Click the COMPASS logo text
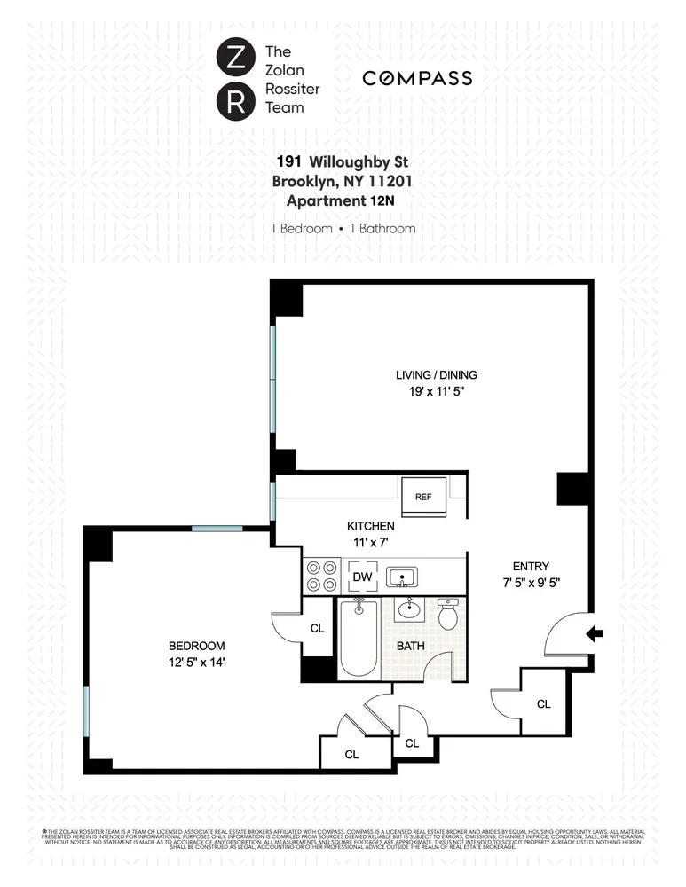pyautogui.click(x=417, y=79)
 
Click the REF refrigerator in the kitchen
pyautogui.click(x=423, y=496)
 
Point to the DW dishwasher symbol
pyautogui.click(x=362, y=577)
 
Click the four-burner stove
pyautogui.click(x=321, y=577)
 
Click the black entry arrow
pyautogui.click(x=595, y=633)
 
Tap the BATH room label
pyautogui.click(x=410, y=646)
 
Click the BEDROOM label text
pyautogui.click(x=198, y=646)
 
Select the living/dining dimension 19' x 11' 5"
pyautogui.click(x=430, y=390)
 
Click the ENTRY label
pyautogui.click(x=531, y=566)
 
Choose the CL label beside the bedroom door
pyautogui.click(x=317, y=628)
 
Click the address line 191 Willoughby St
pyautogui.click(x=343, y=161)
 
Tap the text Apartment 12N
pyautogui.click(x=343, y=200)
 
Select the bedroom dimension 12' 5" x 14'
pyautogui.click(x=198, y=662)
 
